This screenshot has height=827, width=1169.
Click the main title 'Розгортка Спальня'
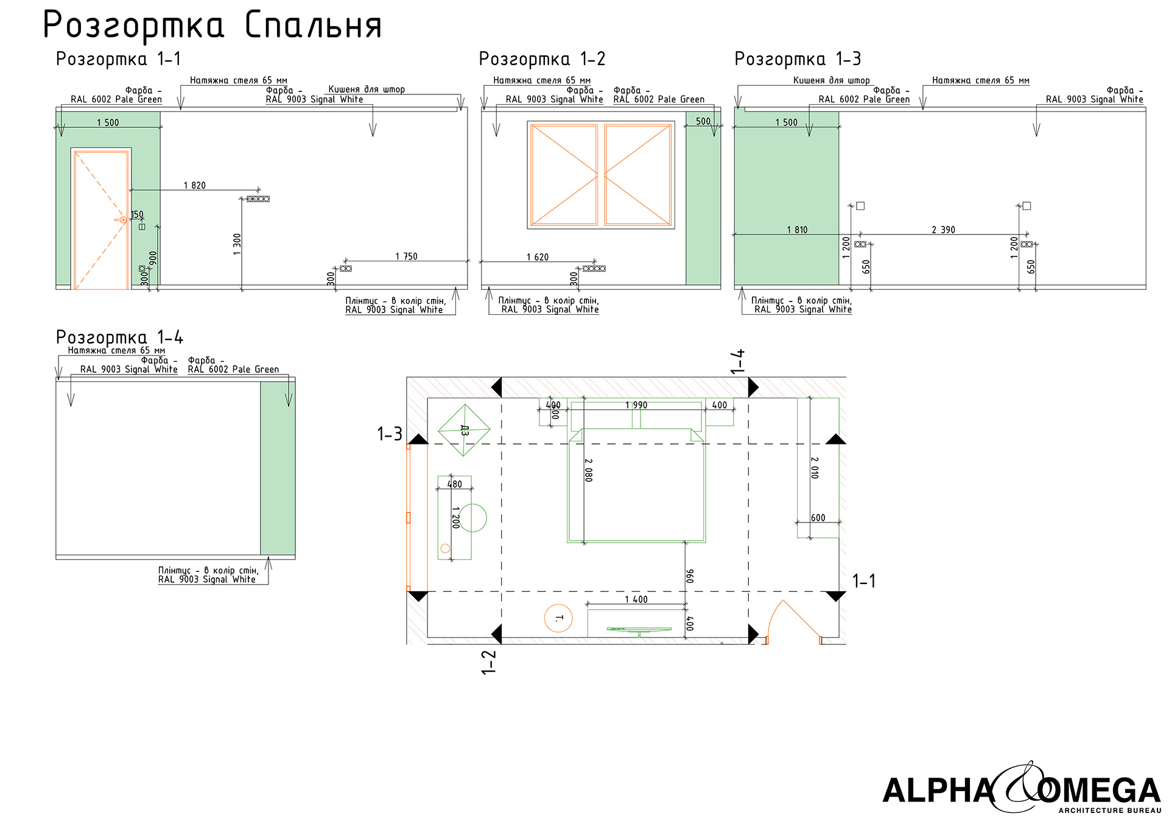point(212,26)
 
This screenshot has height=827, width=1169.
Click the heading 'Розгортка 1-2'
point(542,59)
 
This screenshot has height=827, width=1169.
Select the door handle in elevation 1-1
point(121,220)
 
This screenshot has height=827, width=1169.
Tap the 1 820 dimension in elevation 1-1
point(195,185)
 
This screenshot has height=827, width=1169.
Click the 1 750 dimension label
point(406,256)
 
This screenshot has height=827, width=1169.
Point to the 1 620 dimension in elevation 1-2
point(537,257)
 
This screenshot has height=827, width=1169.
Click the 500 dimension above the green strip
point(703,121)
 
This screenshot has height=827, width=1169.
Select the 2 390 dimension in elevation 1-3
point(943,230)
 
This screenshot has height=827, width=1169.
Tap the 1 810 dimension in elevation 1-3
point(797,230)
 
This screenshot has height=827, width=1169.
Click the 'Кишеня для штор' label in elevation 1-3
point(831,80)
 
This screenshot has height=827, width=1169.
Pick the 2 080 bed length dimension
point(588,470)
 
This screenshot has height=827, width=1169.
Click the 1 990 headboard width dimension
point(636,405)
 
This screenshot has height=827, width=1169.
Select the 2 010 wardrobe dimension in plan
point(815,468)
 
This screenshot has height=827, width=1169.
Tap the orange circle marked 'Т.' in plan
point(558,618)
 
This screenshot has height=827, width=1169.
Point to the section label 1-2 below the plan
point(489,662)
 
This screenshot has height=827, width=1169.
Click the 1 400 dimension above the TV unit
point(636,599)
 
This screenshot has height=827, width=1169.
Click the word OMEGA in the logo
point(1099,791)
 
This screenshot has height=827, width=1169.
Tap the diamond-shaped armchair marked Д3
point(464,430)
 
